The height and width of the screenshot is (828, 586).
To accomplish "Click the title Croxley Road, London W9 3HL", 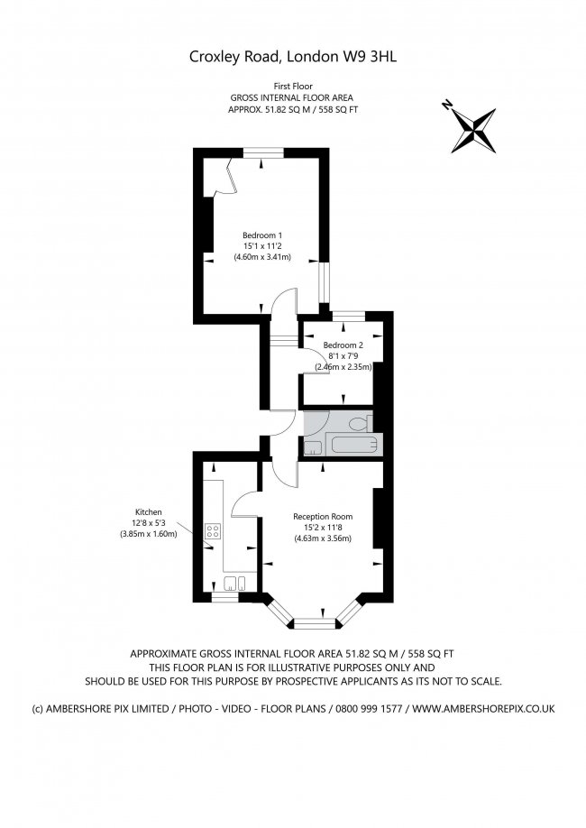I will [293, 56].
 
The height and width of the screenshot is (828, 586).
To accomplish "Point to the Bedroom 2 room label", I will [343, 345].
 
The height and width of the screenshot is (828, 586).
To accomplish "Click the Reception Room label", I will [322, 517].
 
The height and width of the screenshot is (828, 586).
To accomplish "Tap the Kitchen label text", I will [149, 511].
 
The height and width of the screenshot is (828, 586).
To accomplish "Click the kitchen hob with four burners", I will [214, 532].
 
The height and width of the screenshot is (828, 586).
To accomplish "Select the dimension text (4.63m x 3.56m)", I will [322, 539].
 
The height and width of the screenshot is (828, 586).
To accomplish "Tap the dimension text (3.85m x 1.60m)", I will [149, 534].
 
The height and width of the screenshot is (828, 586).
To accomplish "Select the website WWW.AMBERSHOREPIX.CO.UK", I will [485, 708].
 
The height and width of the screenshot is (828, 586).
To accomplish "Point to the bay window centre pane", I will [315, 621].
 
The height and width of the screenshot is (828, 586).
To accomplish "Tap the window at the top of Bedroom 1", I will [261, 150].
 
